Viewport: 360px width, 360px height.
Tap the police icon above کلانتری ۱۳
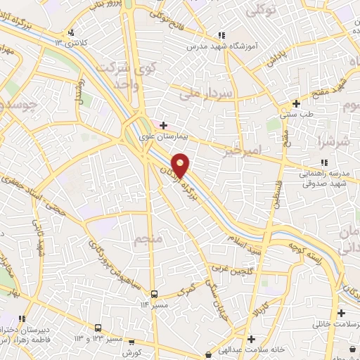(71, 32)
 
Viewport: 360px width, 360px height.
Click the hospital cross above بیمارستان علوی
(164, 125)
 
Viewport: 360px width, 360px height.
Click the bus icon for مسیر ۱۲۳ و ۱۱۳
(98, 328)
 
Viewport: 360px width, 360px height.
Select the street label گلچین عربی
(229, 268)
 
